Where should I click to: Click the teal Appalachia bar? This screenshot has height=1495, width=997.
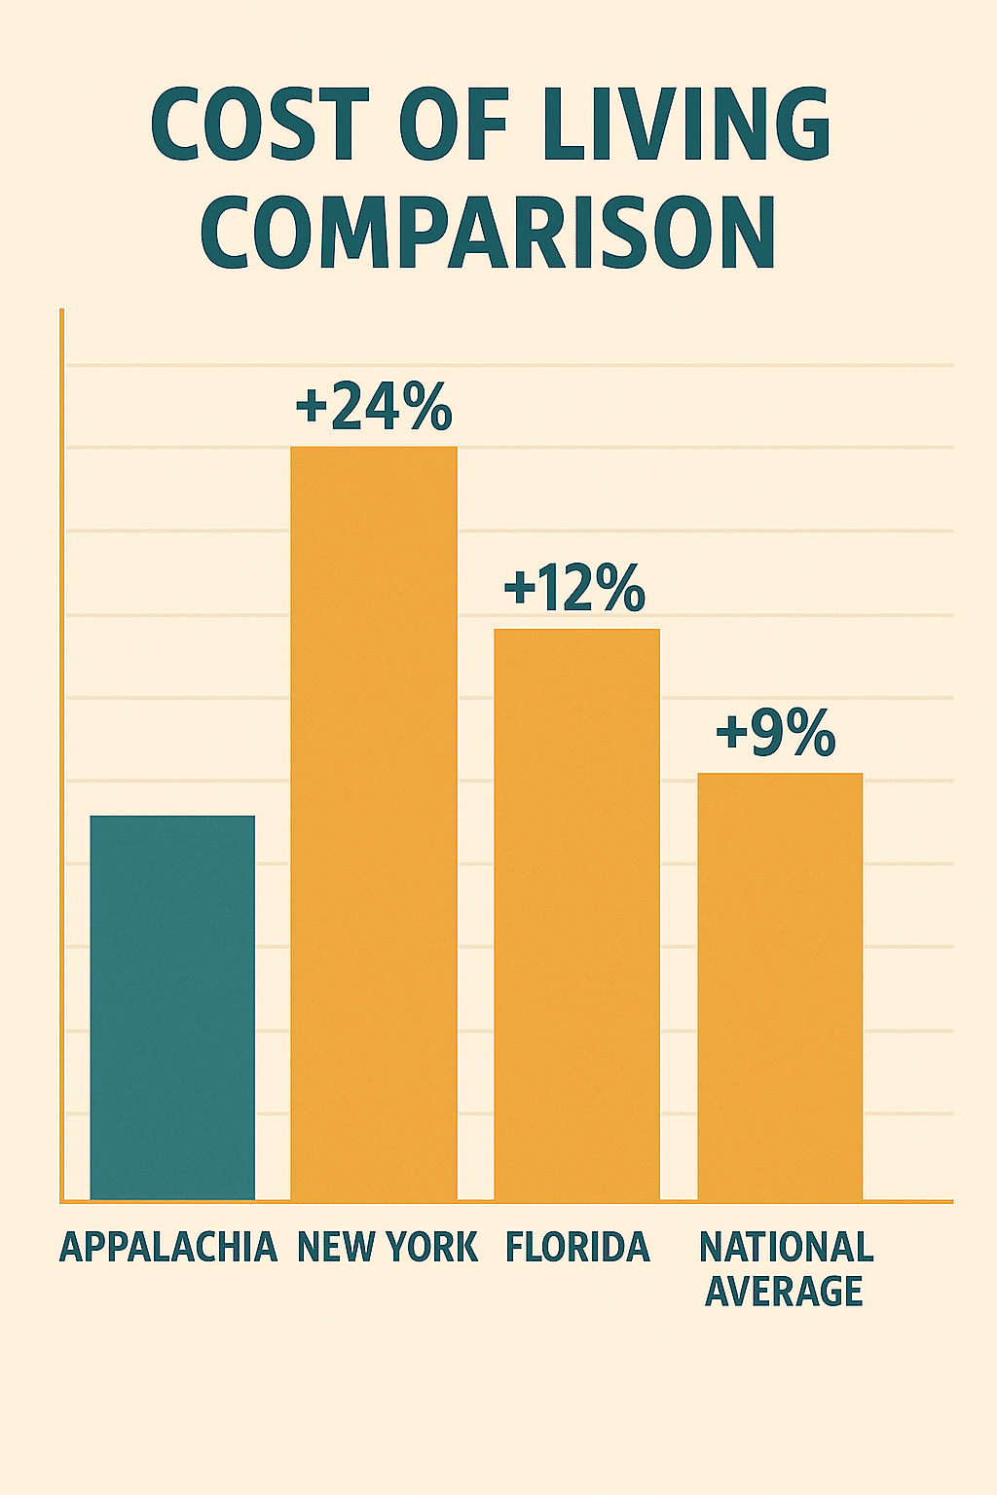tap(172, 1007)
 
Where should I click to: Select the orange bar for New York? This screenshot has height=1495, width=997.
tap(374, 822)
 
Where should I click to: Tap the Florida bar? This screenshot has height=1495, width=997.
tap(576, 914)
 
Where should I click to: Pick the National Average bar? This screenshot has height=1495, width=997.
tap(780, 986)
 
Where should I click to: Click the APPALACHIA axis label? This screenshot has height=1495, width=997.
tap(168, 1247)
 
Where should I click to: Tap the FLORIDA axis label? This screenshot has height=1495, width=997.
tap(577, 1247)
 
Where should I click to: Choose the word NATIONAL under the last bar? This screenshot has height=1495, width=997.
tap(786, 1247)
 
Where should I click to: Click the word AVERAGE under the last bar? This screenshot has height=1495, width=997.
tap(784, 1292)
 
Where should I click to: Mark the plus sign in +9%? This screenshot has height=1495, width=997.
tap(732, 735)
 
